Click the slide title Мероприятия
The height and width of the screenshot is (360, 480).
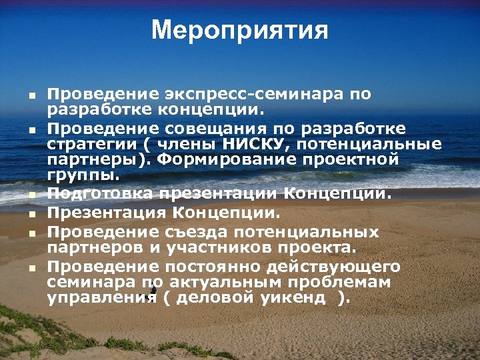click(240, 31)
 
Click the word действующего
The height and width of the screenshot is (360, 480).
click(334, 267)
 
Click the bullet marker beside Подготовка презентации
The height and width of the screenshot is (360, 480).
click(31, 195)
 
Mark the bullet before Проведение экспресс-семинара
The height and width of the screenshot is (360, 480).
click(31, 95)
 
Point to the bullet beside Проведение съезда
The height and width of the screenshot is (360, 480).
click(31, 234)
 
